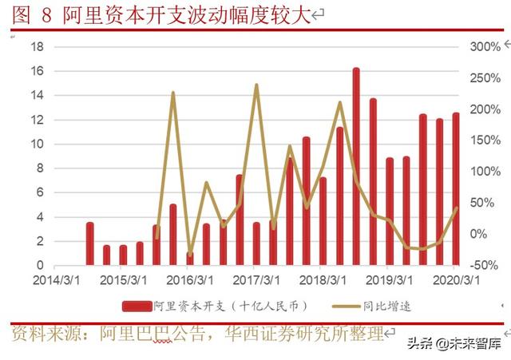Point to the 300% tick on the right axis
[484, 47]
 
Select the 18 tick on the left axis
[36, 47]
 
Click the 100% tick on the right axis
[484, 172]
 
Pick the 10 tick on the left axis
[36, 144]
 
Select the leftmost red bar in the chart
[90, 243]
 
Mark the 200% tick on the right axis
[484, 109]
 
